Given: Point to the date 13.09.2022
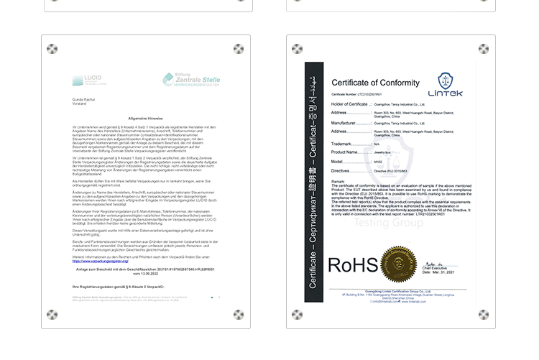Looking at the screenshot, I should point(147,274).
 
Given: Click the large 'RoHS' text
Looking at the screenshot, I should point(352,265).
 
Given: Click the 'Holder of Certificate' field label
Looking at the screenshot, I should point(351,104).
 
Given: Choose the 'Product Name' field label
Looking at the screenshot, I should point(345,152).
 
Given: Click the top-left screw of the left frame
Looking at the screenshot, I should point(52,49).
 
